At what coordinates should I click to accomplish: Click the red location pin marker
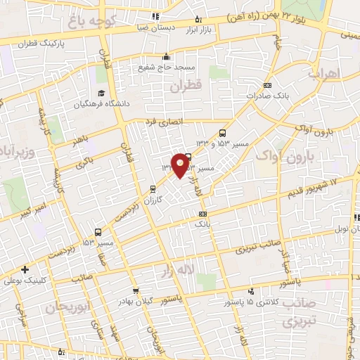click(x=181, y=165)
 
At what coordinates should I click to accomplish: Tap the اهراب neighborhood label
click(x=323, y=74)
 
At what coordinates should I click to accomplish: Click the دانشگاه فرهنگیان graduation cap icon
click(x=101, y=94)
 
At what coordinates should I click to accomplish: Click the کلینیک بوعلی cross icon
click(x=25, y=269)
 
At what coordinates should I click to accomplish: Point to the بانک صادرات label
click(x=271, y=94)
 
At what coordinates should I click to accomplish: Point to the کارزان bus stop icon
click(x=153, y=188)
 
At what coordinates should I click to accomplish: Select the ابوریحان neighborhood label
click(x=67, y=308)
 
